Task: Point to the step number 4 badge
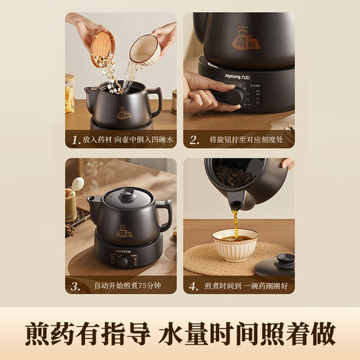192,286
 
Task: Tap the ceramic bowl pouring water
146,48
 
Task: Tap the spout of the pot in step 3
92,203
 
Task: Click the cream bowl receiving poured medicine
235,245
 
